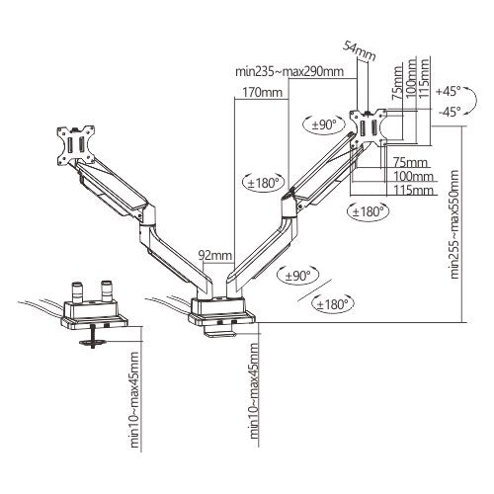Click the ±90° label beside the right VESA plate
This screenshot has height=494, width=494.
tap(322, 125)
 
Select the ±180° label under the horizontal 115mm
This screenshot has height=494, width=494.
tap(369, 210)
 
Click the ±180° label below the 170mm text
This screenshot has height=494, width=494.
tap(262, 182)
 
